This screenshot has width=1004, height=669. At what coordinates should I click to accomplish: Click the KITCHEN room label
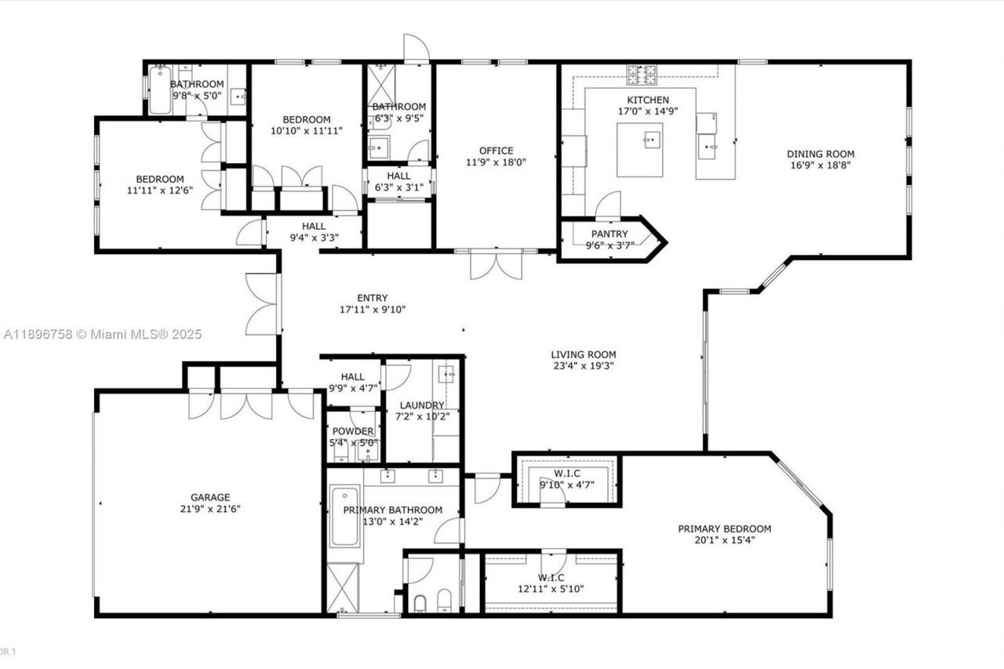tap(648, 100)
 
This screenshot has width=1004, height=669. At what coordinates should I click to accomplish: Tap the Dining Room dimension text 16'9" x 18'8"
tap(820, 165)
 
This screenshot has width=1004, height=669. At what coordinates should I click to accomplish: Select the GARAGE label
tap(210, 496)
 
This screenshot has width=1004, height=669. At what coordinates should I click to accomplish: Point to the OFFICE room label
tap(497, 151)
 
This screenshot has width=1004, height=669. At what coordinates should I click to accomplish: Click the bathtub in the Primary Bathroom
tap(345, 517)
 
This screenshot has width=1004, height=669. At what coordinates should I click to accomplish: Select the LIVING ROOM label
tap(583, 354)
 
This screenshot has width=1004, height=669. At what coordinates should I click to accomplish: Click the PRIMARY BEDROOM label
tap(725, 529)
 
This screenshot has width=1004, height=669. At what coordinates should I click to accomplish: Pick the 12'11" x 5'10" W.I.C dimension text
tap(550, 589)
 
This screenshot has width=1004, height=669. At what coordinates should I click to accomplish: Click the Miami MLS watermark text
tap(102, 334)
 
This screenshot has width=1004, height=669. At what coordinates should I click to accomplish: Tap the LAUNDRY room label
tap(422, 405)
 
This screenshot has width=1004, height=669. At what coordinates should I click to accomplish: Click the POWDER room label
tap(353, 431)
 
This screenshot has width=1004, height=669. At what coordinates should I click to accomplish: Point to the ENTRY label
tap(372, 297)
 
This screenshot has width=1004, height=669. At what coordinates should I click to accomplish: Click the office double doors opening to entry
tap(496, 264)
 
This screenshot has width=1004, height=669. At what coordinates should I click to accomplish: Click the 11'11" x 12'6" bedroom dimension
tap(159, 191)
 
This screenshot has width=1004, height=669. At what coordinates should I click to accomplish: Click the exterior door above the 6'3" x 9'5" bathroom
tap(417, 49)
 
